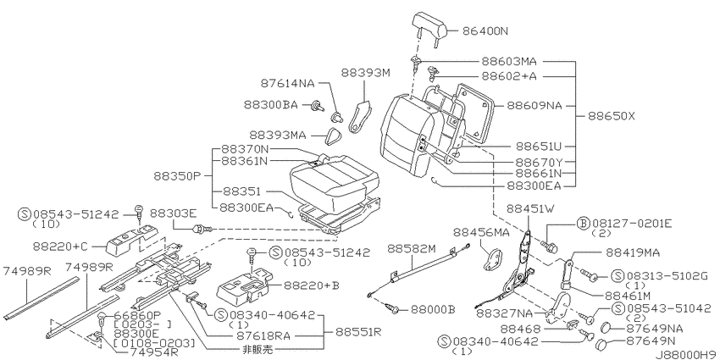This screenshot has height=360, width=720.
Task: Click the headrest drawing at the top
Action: tap(429, 25)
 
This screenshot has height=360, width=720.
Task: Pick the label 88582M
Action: tap(411, 249)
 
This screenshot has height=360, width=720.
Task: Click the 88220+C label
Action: tap(59, 246)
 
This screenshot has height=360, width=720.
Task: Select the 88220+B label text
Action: tap(311, 285)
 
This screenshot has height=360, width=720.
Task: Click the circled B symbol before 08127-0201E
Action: tap(582, 224)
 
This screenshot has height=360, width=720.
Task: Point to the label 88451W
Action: tap(530, 208)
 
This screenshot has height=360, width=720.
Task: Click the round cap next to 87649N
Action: tap(602, 343)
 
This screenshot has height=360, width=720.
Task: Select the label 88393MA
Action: tap(277, 135)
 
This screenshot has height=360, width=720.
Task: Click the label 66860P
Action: tap(137, 314)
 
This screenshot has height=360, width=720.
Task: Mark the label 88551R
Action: tap(357, 331)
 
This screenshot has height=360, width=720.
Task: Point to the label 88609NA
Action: tap(534, 106)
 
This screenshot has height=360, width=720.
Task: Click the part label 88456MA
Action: tap(481, 232)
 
